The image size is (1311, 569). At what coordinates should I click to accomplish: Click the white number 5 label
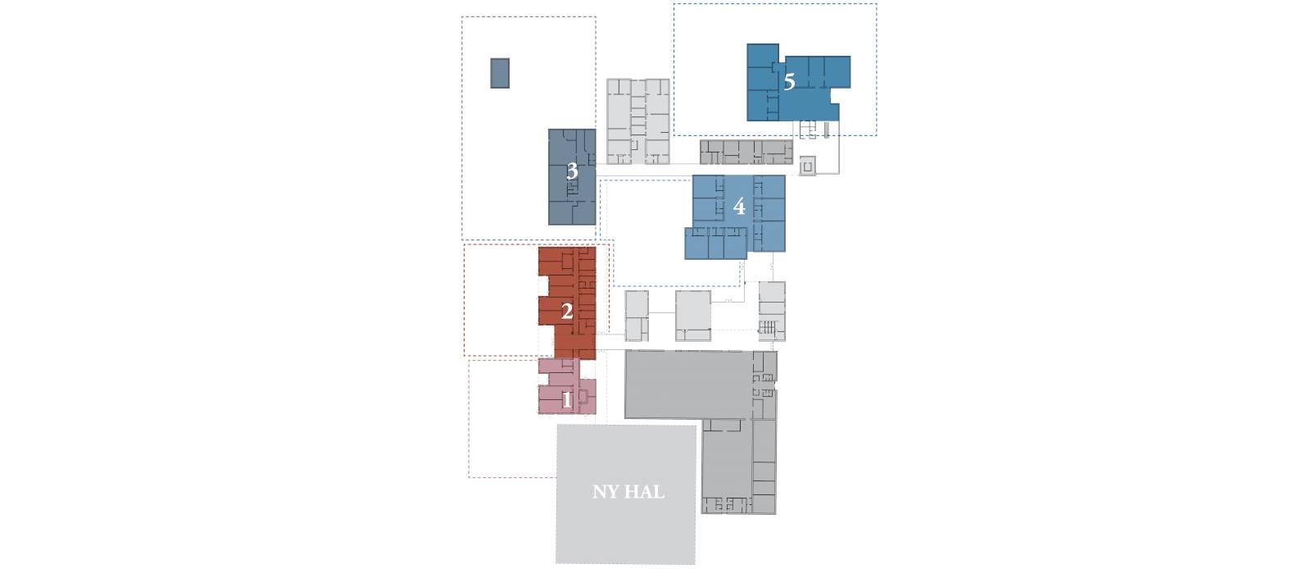789,82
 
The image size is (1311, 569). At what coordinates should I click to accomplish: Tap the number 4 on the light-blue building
739,206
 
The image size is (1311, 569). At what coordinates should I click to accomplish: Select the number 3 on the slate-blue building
572,171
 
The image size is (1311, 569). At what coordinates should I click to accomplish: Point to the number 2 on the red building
566,312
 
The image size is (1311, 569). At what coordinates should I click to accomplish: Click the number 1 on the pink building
566,400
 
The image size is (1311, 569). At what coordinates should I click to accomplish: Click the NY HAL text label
628,492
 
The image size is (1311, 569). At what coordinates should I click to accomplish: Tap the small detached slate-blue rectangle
500,73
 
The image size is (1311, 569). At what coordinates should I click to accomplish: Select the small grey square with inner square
808,166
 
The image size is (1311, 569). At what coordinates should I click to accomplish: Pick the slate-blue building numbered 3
572,177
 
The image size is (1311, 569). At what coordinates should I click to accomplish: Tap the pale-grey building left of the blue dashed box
638,121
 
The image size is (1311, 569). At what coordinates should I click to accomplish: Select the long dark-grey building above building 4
746,152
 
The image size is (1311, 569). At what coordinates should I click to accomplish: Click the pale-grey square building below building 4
693,316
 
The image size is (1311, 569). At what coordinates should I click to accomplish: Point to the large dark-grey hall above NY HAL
687,384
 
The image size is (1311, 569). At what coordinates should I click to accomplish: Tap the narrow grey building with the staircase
772,312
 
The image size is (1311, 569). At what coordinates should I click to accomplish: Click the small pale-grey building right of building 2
637,316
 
